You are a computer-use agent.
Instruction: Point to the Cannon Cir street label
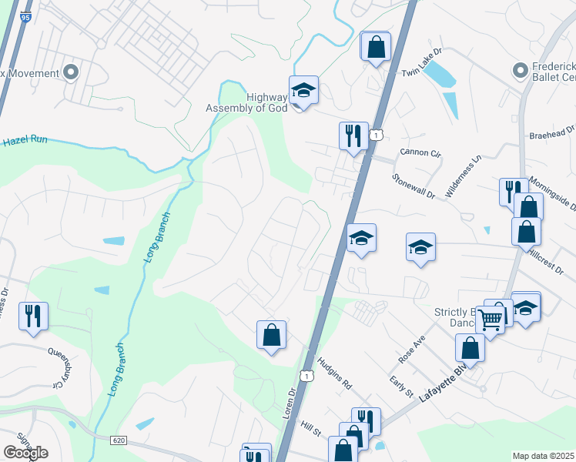tap(420, 153)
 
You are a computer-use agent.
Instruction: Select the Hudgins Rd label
tap(336, 373)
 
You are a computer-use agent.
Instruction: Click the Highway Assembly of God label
tap(246, 102)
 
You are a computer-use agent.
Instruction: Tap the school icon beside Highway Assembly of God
tap(303, 91)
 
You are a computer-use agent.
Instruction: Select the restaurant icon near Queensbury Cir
tap(33, 316)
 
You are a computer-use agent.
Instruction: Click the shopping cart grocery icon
tap(490, 319)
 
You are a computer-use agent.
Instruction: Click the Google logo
tap(25, 452)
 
